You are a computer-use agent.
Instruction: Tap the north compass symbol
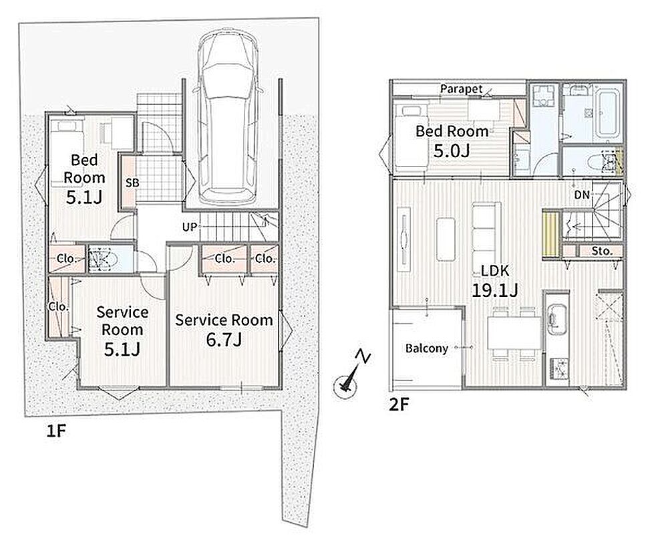349,377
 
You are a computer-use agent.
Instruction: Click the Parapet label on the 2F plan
462,88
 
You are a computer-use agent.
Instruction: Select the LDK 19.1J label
495,280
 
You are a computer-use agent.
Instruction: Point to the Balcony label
427,348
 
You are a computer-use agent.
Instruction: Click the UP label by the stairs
189,227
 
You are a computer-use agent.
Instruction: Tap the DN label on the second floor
582,195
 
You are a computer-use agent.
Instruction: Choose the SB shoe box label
133,183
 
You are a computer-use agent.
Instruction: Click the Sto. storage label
602,251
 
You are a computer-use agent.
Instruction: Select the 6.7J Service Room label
224,330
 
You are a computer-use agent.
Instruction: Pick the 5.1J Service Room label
122,331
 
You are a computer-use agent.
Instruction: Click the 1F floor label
56,431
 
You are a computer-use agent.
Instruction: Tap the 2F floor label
399,404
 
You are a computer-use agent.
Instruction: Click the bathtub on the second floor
607,112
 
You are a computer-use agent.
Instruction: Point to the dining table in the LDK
514,333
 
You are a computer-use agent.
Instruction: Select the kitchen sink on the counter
556,320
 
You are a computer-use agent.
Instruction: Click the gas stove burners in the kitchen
559,368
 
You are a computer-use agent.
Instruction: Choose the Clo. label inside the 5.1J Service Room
58,307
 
